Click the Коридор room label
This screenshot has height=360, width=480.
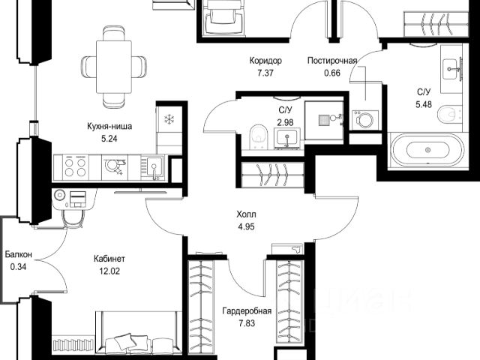(265, 61)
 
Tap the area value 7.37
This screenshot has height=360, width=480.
(265, 73)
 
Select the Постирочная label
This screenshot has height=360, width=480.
(332, 61)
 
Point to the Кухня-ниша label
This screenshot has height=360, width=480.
(109, 126)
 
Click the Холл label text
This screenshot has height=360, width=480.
(246, 214)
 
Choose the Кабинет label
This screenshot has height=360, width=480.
(109, 259)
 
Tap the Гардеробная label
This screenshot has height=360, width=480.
(247, 311)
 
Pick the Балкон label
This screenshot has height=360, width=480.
(18, 254)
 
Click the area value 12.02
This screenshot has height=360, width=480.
(109, 271)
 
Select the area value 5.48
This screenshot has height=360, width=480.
(424, 104)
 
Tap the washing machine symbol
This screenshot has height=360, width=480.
(364, 119)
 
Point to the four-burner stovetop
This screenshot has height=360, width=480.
(75, 167)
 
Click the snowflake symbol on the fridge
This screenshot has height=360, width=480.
(169, 119)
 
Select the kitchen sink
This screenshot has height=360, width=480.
(154, 168)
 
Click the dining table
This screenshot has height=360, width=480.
(114, 67)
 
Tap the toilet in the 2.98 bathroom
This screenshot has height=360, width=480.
(259, 137)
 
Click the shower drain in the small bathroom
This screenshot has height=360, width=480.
(324, 120)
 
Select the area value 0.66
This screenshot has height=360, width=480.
(332, 73)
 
